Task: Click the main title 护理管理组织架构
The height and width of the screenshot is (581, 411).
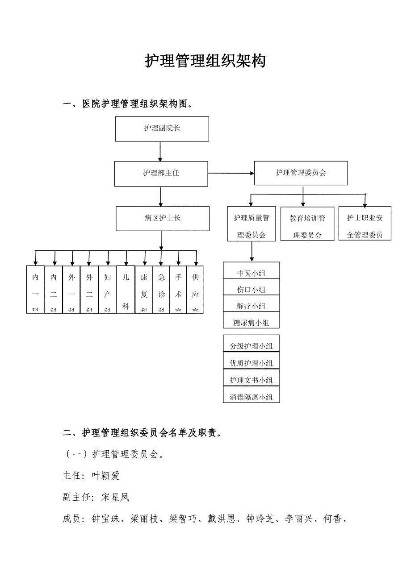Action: click(205, 61)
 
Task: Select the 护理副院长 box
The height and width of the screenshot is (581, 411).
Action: click(162, 129)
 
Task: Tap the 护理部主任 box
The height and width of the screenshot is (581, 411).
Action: click(161, 174)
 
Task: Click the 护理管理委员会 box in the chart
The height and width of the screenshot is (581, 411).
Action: click(301, 173)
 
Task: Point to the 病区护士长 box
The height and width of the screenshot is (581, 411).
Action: click(163, 218)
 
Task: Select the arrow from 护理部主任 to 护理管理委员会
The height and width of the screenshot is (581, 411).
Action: click(231, 173)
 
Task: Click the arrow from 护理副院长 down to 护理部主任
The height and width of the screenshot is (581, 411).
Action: click(160, 152)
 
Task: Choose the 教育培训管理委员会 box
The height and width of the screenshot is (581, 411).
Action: click(307, 224)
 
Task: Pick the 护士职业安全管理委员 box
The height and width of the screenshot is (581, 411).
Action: click(365, 223)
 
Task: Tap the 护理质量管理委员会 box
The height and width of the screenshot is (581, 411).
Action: click(252, 224)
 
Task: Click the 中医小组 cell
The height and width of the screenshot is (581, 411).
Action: click(251, 273)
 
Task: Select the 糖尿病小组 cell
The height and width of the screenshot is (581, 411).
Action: click(251, 322)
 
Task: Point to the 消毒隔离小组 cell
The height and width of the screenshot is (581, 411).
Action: click(251, 396)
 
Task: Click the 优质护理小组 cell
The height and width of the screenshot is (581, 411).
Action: click(251, 363)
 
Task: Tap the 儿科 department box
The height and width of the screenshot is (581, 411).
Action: click(126, 290)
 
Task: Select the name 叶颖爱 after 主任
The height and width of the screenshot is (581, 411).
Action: click(105, 476)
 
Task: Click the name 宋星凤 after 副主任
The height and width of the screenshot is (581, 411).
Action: click(115, 497)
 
